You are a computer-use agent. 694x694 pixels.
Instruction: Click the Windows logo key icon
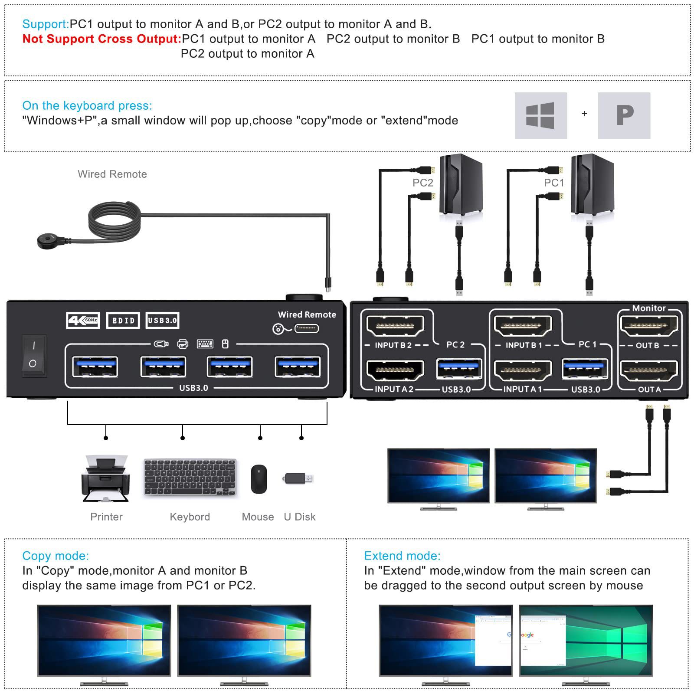[x=540, y=115]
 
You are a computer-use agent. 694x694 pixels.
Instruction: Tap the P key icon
[x=624, y=115]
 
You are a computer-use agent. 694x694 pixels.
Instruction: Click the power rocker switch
[x=33, y=355]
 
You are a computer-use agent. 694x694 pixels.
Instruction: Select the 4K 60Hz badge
[x=83, y=321]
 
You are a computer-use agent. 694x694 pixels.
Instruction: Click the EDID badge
[x=123, y=321]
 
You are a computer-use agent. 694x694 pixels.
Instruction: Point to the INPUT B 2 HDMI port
[x=395, y=326]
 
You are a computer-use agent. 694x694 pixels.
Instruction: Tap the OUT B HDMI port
[x=648, y=326]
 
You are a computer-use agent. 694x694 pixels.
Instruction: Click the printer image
[x=105, y=479]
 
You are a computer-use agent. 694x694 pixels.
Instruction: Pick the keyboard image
[x=190, y=477]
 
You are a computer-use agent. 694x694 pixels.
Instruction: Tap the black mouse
[x=259, y=479]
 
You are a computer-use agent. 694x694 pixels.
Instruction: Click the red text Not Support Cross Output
[x=101, y=39]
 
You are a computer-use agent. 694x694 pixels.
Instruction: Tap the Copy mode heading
[x=56, y=556]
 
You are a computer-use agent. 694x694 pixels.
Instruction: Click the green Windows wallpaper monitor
[x=586, y=640]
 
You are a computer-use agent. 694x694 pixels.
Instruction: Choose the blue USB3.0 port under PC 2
[x=459, y=369]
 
